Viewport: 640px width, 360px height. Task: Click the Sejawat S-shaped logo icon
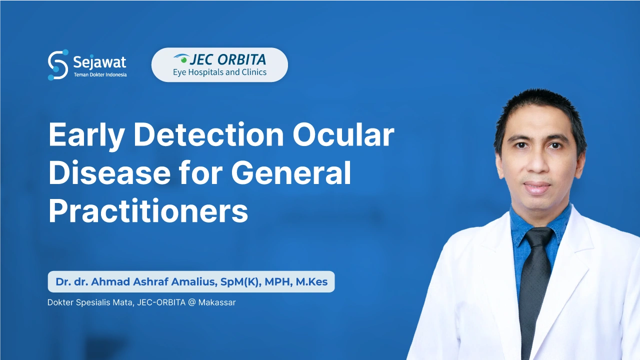pos(58,65)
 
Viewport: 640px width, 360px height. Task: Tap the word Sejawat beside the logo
pos(99,62)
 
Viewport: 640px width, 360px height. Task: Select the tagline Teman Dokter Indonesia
pos(100,75)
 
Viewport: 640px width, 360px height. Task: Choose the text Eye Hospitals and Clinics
pos(219,72)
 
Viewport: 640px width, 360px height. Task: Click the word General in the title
pos(291,172)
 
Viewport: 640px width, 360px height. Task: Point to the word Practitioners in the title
pos(148,210)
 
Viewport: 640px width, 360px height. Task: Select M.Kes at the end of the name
pos(311,282)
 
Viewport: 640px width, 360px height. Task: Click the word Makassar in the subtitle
pos(216,302)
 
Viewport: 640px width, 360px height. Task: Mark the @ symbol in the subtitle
pos(191,302)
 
